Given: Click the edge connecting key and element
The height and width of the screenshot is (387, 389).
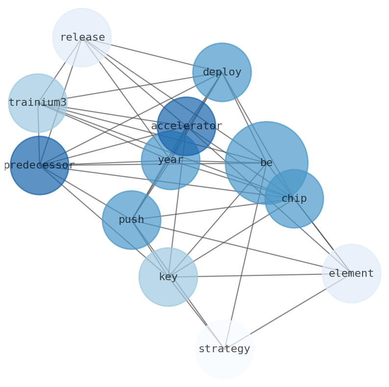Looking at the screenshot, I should [255, 275].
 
